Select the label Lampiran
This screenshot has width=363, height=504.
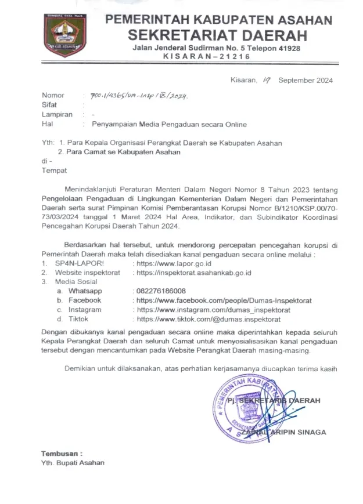[57, 115]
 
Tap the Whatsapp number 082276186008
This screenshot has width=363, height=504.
[160, 291]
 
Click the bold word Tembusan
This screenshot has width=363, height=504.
[62, 453]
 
